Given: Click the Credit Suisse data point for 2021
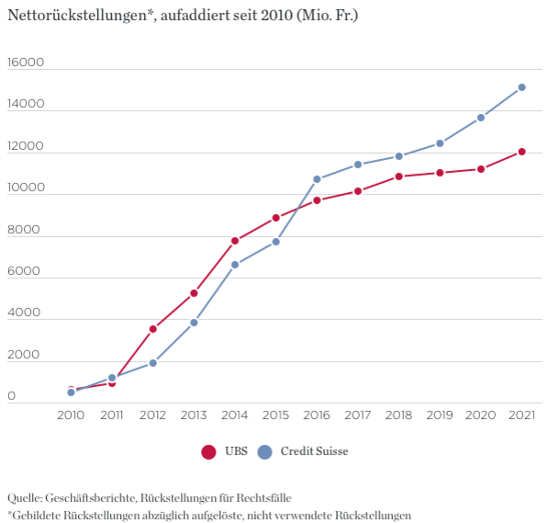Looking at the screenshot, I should (x=521, y=87).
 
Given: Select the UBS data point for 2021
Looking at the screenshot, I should (x=521, y=152).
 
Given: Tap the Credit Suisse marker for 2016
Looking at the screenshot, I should (x=317, y=179).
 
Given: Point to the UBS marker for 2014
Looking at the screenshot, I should (x=235, y=241).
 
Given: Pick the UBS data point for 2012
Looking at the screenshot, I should (x=153, y=329).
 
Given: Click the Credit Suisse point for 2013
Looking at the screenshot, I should (x=194, y=323).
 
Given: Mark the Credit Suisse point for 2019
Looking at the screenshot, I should (x=440, y=143).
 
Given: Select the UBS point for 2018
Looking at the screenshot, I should (x=398, y=176).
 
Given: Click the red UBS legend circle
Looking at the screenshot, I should (x=209, y=451).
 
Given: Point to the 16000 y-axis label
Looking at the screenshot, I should (x=25, y=63).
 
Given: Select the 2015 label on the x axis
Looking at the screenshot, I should (x=275, y=415).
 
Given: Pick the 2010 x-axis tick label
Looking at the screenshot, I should (x=71, y=415).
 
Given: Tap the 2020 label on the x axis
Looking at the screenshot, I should (x=480, y=415).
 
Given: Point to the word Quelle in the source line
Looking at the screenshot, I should (x=25, y=497).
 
